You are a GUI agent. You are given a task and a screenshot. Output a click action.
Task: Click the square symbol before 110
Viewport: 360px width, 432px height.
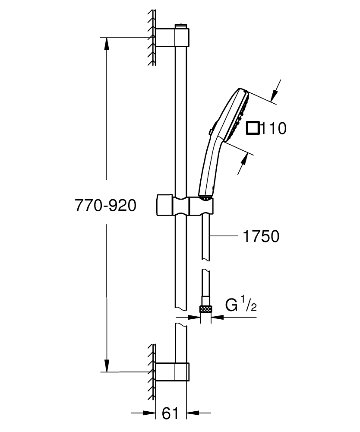253,128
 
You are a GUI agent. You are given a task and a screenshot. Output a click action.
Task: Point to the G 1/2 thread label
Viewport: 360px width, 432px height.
241,305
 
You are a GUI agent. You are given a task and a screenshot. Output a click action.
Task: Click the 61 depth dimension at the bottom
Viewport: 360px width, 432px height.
170,413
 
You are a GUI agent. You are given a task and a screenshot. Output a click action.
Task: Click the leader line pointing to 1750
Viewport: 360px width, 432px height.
224,236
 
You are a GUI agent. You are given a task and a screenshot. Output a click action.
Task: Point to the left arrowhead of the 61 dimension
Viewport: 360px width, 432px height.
149,413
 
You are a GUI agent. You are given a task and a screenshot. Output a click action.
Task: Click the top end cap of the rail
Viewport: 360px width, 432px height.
182,25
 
